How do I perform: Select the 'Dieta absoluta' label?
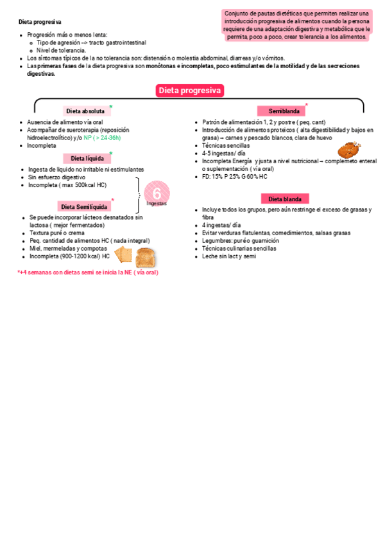click(x=87, y=111)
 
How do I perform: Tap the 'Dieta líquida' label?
click(x=87, y=158)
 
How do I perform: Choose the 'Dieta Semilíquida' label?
click(x=83, y=206)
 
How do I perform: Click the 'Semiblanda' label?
click(x=280, y=111)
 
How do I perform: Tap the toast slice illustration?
click(x=146, y=257)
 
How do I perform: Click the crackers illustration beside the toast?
click(x=124, y=256)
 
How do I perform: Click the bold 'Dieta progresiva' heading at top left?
click(x=36, y=22)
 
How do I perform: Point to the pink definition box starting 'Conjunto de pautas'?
click(x=296, y=25)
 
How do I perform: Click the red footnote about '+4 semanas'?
click(x=88, y=272)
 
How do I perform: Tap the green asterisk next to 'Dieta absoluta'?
click(x=111, y=107)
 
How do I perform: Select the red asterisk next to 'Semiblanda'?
click(x=306, y=105)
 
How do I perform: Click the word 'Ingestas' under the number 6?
click(x=157, y=203)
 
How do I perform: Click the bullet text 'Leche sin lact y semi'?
click(x=229, y=256)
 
